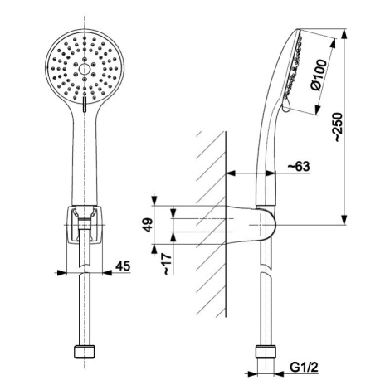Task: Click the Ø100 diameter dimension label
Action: point(319,75)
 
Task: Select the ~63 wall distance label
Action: point(299,167)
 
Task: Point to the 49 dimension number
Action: point(148,225)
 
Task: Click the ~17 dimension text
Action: point(167,264)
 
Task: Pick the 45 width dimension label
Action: point(123,266)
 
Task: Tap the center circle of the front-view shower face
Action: point(84,69)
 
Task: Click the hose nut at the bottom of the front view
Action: point(85,351)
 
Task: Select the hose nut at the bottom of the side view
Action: point(266,351)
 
